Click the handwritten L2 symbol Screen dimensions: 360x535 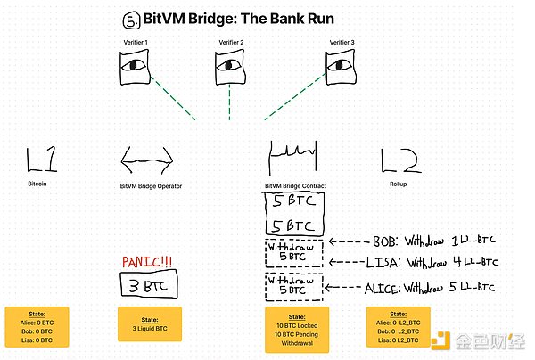click(397, 160)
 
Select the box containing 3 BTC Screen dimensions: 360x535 click(149, 287)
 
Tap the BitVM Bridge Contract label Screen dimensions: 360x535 click(293, 186)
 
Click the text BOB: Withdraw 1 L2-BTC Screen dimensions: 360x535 click(427, 241)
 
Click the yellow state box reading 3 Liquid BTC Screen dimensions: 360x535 click(149, 324)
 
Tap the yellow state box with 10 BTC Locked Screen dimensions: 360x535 click(293, 329)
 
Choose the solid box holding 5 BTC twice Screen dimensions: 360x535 click(293, 214)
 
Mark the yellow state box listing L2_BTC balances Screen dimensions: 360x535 click(398, 327)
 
